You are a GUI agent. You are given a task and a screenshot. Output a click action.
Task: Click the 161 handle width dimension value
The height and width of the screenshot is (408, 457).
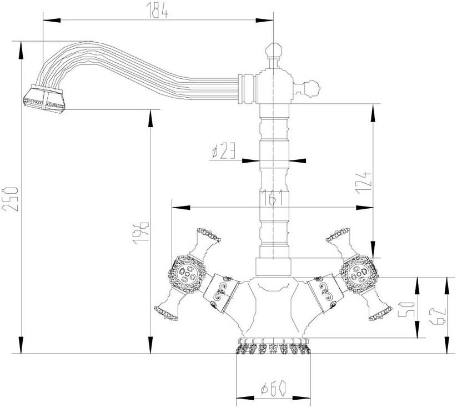272,198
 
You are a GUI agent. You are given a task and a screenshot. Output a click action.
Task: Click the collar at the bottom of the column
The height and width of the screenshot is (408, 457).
273,266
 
